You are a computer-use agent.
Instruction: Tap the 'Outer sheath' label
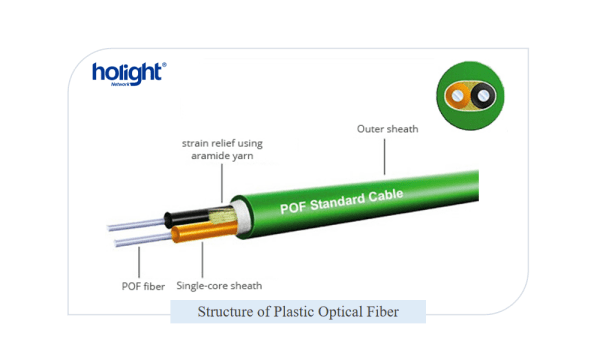388,129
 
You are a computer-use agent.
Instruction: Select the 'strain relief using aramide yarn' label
221,150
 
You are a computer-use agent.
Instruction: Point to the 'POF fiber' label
137,286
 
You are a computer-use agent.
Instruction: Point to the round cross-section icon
470,96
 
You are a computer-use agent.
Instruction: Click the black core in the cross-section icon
482,96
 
